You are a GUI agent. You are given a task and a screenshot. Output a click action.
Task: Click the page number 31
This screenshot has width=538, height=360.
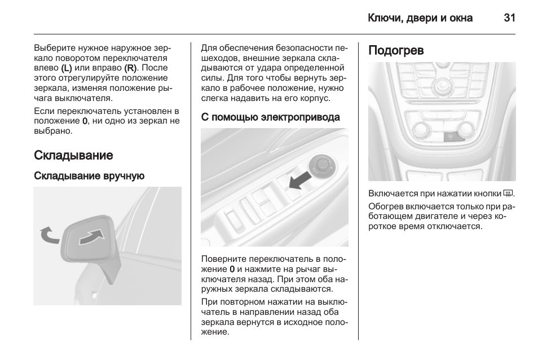click(x=509, y=18)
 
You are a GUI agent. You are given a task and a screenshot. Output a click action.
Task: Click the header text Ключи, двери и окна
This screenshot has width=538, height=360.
click(x=420, y=18)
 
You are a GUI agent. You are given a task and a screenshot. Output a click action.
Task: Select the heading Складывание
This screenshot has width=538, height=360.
click(x=73, y=155)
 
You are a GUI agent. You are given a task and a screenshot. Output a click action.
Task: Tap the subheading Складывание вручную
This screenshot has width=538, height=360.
click(x=89, y=176)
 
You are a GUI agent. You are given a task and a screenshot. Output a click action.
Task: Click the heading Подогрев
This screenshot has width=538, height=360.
click(x=396, y=50)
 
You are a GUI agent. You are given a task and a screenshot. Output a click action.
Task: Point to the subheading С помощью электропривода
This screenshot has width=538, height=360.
click(x=270, y=117)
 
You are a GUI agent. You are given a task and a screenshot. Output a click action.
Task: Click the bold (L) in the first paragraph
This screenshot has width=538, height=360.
click(x=66, y=68)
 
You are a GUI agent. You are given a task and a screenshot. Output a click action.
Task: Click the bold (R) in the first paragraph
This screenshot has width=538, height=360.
click(x=130, y=68)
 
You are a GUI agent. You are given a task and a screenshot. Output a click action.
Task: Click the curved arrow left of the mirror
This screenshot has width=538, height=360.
click(x=48, y=234)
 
